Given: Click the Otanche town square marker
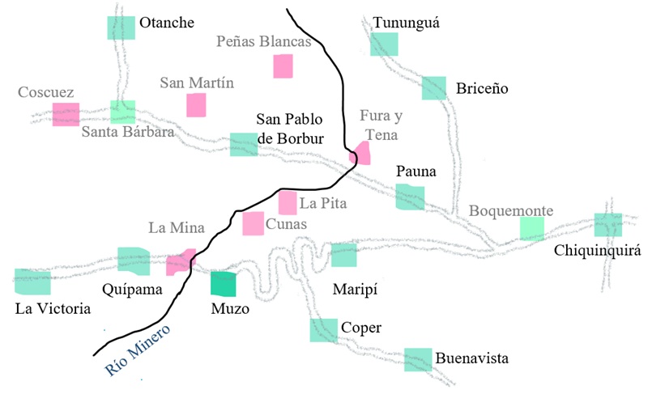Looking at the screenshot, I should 122,28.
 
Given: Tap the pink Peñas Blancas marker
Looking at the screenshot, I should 283,66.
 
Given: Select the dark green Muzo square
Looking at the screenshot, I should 224,284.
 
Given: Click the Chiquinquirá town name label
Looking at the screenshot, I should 597,250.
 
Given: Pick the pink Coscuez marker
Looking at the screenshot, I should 66,114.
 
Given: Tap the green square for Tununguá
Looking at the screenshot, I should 384,44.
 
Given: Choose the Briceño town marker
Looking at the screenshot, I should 434,87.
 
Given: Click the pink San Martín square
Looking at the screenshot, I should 197,105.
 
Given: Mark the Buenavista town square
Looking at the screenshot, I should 418,359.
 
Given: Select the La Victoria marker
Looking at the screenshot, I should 33,282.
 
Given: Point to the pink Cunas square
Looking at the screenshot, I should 254,222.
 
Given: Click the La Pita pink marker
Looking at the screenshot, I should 288,202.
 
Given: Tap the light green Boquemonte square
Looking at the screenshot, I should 531,228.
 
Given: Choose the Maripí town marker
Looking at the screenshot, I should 344,255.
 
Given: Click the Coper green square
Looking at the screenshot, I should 323,330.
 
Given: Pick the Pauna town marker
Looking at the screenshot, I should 410,197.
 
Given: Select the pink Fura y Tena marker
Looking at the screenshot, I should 360,153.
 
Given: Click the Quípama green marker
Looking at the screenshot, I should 133,259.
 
